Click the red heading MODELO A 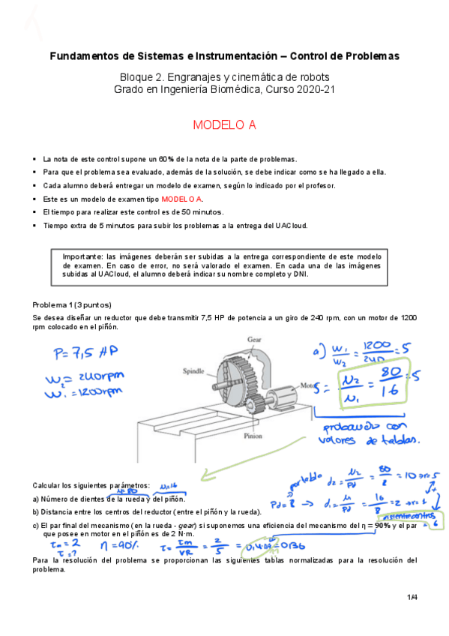click(224, 125)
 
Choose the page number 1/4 click(412, 597)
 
